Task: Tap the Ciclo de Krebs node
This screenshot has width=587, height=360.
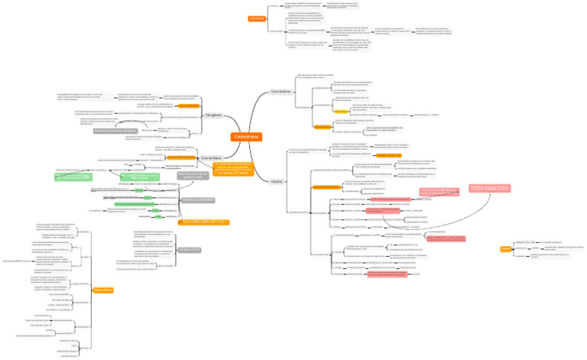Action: coord(211,158)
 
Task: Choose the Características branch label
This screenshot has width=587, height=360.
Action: coord(281,91)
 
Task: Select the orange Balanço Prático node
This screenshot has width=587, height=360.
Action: coord(102,290)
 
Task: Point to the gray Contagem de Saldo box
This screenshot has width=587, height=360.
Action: coord(190,249)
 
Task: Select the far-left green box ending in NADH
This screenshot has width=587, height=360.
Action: coord(79,177)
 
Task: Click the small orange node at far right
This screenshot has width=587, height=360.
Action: coord(505,249)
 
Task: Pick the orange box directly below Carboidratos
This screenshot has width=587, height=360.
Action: coord(236,168)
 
